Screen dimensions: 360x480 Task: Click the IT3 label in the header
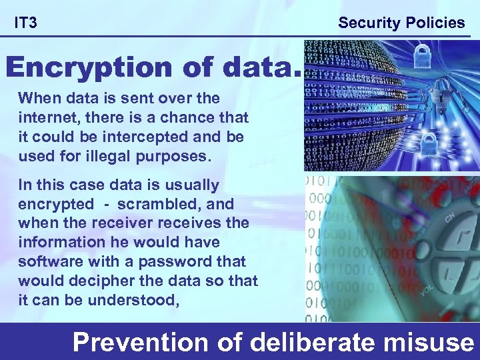(26, 23)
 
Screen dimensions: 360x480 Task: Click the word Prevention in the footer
(141, 343)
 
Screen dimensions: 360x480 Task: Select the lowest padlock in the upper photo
(411, 141)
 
